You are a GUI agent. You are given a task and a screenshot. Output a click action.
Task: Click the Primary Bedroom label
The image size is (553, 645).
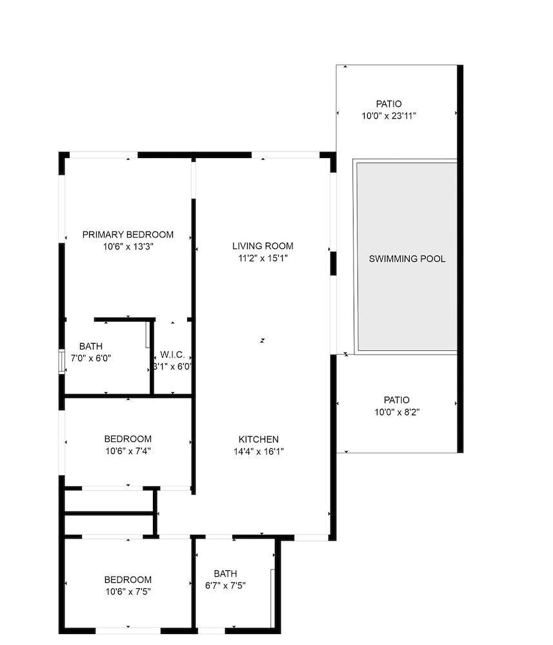[128, 235]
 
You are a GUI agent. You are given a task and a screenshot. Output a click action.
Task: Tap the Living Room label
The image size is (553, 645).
[263, 246]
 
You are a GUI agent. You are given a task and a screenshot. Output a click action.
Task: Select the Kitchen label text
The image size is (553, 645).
[259, 439]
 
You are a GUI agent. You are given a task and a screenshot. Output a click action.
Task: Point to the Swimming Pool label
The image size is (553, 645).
[407, 259]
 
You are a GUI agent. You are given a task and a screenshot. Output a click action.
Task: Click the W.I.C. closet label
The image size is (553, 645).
[172, 355]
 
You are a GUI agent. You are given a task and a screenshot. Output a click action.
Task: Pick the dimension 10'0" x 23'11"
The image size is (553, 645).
[389, 116]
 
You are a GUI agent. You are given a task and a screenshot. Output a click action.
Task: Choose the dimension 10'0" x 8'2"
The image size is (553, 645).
[397, 412]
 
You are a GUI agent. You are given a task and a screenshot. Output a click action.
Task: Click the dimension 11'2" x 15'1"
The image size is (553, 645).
[263, 259]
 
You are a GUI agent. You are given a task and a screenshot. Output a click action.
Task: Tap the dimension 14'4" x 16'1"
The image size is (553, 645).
[259, 451]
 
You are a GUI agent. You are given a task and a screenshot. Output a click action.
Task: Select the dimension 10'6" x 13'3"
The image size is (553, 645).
[128, 247]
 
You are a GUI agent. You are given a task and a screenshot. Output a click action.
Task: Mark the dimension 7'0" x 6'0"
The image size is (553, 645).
[91, 358]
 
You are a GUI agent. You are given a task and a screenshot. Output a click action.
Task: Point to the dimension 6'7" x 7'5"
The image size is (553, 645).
[225, 586]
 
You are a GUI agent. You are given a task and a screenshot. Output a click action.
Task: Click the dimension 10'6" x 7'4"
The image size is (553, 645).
[128, 451]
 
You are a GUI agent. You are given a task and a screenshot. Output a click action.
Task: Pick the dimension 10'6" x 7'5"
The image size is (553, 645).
[128, 592]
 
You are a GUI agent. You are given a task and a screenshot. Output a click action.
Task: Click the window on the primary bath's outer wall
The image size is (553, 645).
[62, 362]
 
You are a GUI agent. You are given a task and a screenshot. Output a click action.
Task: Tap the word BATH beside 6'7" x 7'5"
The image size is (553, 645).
[225, 573]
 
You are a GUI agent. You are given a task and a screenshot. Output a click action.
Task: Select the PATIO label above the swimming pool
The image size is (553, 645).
[389, 104]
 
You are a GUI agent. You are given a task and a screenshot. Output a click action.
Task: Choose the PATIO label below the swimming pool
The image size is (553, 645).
[397, 400]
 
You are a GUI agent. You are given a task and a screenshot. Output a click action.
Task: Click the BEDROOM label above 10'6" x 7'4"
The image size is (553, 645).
[128, 439]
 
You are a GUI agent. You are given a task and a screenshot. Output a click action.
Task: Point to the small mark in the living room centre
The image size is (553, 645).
[262, 341]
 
